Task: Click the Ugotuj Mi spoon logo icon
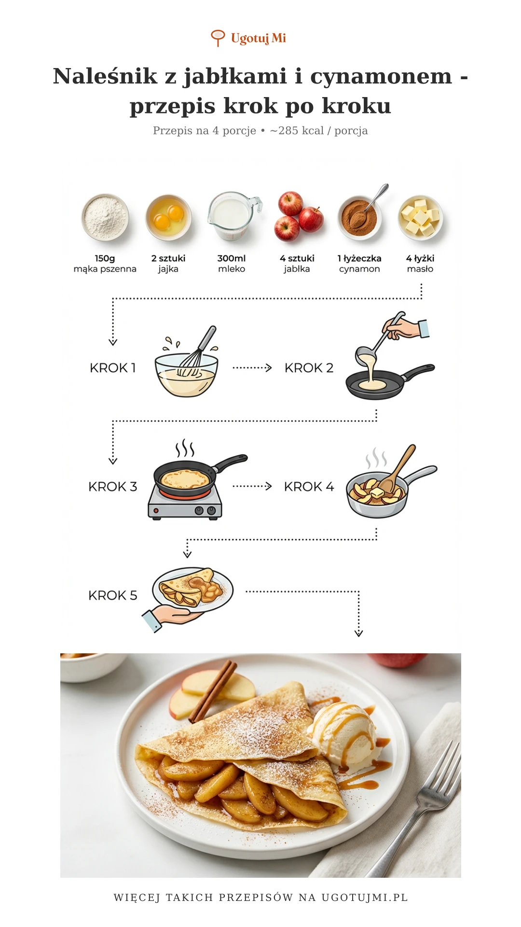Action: [218, 38]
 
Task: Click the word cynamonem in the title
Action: [381, 76]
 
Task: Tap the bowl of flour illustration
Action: [105, 217]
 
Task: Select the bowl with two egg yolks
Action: [168, 217]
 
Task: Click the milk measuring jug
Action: [234, 216]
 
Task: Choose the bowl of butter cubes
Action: [421, 218]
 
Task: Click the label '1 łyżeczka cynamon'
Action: [359, 264]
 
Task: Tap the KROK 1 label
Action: [113, 368]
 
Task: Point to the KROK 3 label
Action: [113, 487]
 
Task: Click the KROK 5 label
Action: [113, 595]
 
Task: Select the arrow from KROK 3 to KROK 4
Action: [252, 486]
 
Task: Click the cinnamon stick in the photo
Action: [213, 691]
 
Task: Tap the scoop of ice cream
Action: [343, 734]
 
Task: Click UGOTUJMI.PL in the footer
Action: [365, 898]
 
